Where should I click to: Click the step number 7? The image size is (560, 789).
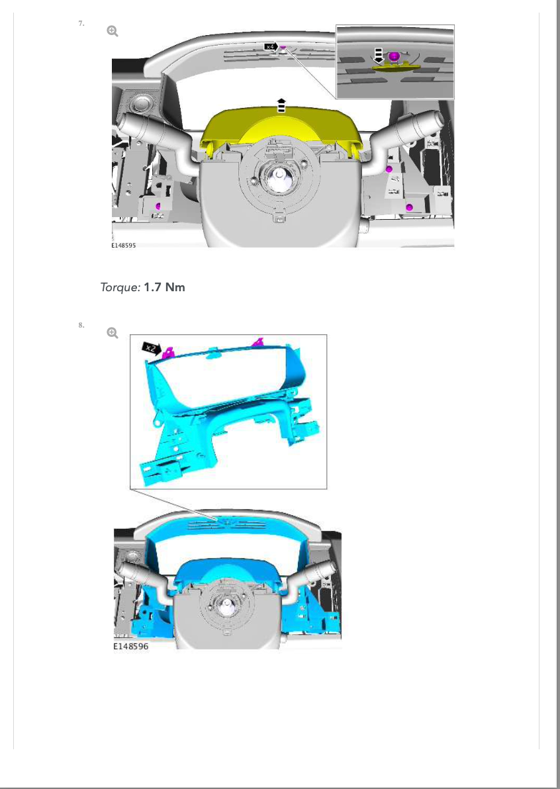(81, 23)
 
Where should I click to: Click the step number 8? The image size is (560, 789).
(81, 325)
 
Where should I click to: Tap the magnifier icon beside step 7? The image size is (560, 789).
(113, 31)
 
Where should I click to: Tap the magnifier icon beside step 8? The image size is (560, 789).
(113, 333)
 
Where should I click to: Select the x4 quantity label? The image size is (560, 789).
(271, 47)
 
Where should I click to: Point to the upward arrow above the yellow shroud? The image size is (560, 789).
(281, 105)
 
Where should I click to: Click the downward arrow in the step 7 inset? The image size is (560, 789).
(379, 56)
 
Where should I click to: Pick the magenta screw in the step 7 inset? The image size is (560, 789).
(394, 56)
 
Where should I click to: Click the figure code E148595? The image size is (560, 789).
(124, 246)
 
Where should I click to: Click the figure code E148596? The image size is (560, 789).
(131, 647)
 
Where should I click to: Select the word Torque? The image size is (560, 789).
(120, 287)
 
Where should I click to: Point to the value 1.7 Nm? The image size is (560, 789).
(165, 287)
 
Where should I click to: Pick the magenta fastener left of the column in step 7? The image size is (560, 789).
(158, 205)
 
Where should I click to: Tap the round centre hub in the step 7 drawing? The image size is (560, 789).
(278, 178)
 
